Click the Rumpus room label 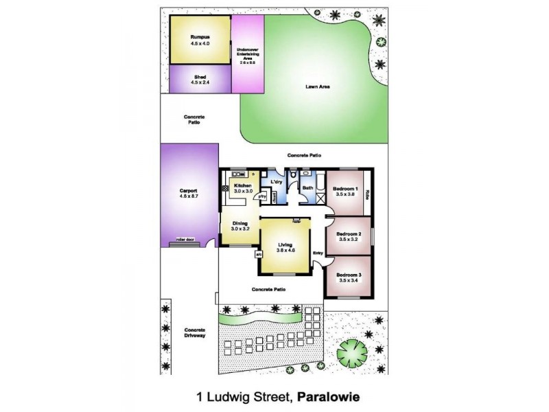tap(200, 36)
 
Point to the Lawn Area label tap(316, 87)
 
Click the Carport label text tap(189, 190)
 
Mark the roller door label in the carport tap(185, 240)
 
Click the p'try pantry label tap(261, 196)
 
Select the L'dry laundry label tap(277, 181)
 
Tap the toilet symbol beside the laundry tap(293, 177)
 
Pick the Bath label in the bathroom tap(308, 187)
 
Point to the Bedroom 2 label tap(348, 234)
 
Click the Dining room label tap(240, 223)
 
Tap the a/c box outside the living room tap(258, 254)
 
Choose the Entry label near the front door tap(318, 254)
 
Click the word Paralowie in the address tap(329, 396)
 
